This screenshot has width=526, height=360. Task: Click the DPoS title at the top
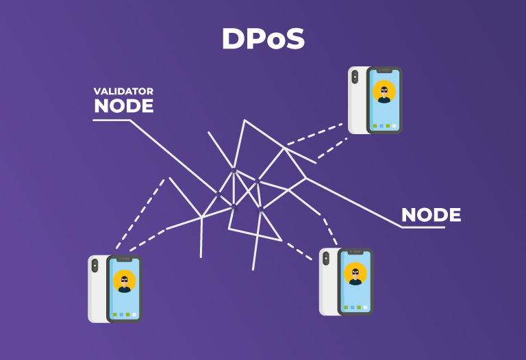click(x=263, y=40)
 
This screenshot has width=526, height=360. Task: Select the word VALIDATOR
click(x=123, y=91)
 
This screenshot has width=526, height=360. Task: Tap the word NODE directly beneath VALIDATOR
click(x=123, y=106)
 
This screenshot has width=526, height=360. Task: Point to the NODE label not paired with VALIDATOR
click(x=431, y=215)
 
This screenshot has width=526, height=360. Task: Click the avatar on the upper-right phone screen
click(x=384, y=92)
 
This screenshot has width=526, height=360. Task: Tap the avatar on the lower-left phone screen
click(x=124, y=281)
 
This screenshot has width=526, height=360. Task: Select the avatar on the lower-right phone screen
click(x=355, y=274)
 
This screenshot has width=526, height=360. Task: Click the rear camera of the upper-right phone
click(x=355, y=77)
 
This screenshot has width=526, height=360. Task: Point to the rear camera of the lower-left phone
click(x=95, y=266)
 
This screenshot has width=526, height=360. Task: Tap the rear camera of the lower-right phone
click(x=326, y=259)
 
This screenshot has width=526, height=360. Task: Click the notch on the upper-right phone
click(x=384, y=70)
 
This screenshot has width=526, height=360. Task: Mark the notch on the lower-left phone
click(x=124, y=260)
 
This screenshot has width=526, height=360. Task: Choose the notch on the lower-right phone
click(x=355, y=253)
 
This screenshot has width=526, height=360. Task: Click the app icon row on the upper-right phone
click(x=384, y=126)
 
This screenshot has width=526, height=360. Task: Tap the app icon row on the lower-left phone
click(x=124, y=315)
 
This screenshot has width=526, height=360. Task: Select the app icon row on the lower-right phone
click(x=355, y=307)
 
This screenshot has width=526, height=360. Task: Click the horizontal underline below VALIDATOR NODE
click(x=111, y=120)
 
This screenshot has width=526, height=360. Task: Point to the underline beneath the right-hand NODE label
click(x=423, y=227)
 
